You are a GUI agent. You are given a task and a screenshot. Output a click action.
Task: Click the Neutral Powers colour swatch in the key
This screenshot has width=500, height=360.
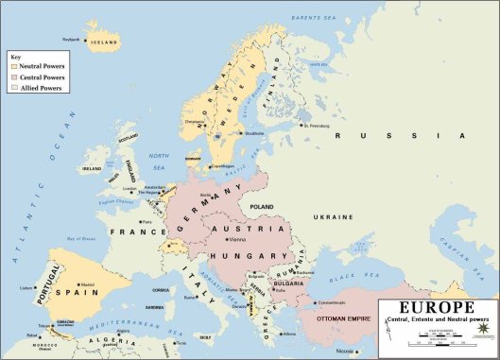point(13,67)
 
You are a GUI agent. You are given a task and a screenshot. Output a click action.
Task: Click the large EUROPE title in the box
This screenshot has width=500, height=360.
point(437,309)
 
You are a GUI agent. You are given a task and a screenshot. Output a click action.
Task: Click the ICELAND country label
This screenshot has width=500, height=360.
point(103,42)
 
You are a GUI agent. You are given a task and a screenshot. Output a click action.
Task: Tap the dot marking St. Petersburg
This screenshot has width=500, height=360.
point(301,124)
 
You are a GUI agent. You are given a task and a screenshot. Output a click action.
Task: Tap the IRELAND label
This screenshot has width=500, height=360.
point(93,168)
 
